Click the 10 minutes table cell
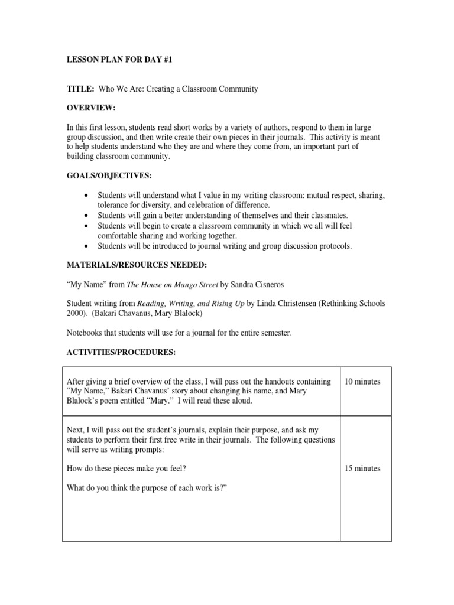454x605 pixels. point(362,382)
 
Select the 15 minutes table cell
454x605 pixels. point(362,469)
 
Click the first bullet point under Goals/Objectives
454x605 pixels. point(87,196)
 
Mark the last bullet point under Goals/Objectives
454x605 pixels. point(87,246)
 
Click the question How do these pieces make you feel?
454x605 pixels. point(131,469)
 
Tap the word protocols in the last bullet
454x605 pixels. point(335,246)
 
